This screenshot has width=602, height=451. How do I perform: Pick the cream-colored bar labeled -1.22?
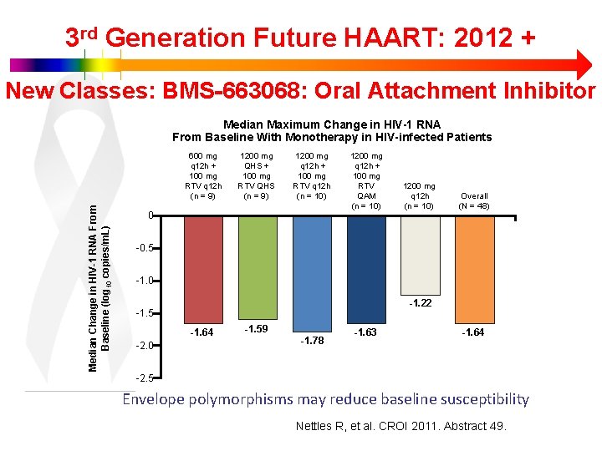tap(421, 254)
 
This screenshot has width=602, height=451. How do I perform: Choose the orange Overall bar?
tap(474, 267)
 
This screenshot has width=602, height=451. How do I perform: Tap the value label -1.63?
tap(365, 332)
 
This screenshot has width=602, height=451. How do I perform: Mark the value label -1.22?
tap(420, 303)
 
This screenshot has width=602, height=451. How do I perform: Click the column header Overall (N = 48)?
tap(474, 200)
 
